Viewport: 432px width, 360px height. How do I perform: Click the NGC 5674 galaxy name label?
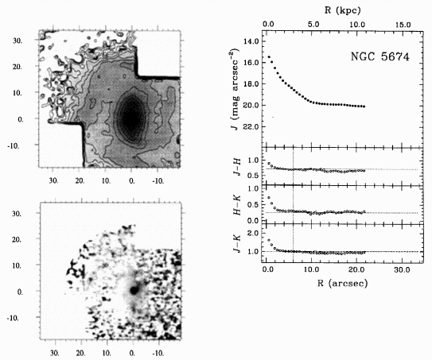coord(380,56)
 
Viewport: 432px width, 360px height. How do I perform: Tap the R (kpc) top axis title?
coord(342,11)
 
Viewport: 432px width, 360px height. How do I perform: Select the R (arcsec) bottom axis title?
coord(342,283)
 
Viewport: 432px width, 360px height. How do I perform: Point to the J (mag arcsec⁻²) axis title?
coord(235,90)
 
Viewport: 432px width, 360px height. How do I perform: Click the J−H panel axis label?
coord(237,167)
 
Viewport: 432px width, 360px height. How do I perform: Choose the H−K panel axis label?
coord(237,205)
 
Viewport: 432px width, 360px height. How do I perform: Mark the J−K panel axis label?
coord(237,243)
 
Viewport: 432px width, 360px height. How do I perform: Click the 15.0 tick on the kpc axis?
coord(403,25)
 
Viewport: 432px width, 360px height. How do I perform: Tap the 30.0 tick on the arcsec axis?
coord(402,269)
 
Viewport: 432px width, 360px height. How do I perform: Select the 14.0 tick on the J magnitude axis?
coord(251,41)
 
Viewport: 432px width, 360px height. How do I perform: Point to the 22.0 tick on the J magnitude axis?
coord(251,126)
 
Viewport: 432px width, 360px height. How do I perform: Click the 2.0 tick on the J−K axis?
coord(254,233)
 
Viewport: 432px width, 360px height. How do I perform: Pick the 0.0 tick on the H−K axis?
coord(254,221)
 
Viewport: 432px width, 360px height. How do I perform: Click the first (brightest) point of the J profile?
coord(269,57)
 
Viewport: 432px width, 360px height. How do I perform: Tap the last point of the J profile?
coord(364,106)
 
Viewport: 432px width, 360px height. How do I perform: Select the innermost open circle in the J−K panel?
coord(269,240)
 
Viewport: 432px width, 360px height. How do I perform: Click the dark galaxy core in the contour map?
coord(132,117)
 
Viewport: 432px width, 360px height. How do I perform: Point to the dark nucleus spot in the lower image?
coord(134,290)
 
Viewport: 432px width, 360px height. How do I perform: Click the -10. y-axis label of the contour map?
coord(14,145)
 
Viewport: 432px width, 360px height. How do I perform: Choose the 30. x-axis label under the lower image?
coord(55,353)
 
